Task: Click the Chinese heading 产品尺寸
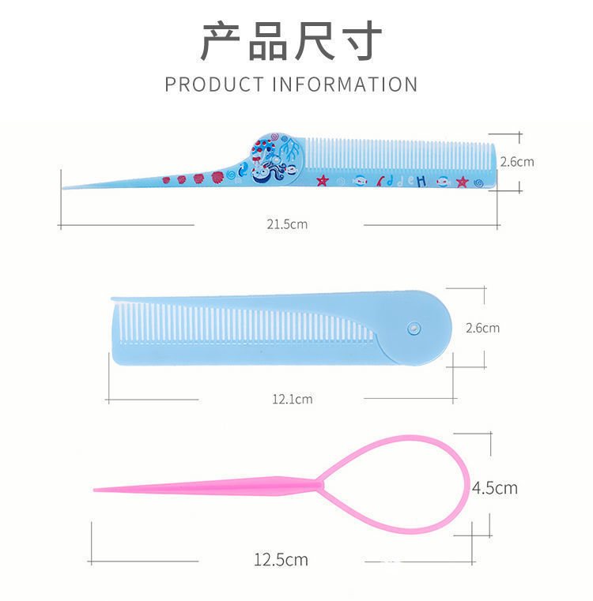[x=291, y=40]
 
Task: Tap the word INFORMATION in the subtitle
[x=345, y=84]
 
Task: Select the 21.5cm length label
[x=286, y=224]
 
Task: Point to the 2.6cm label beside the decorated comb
[x=516, y=161]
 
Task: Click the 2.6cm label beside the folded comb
[x=482, y=327]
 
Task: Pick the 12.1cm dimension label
[x=292, y=399]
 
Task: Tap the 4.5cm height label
[x=494, y=487]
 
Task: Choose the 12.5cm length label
[x=281, y=560]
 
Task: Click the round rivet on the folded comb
[x=412, y=327]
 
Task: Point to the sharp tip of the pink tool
[x=96, y=490]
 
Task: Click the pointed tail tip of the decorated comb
[x=65, y=187]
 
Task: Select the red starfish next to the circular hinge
[x=322, y=181]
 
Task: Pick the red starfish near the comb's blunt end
[x=462, y=182]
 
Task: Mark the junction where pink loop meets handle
[x=319, y=483]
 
